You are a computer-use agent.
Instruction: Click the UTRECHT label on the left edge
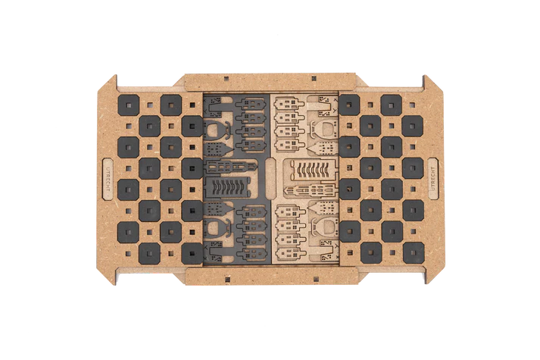pos(108,179)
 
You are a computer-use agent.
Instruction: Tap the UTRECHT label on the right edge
pos(433,178)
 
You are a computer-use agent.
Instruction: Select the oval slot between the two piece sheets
pos(270,179)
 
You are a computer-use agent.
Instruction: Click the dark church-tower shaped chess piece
pos(232,167)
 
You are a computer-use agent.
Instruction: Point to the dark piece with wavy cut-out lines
pos(229,186)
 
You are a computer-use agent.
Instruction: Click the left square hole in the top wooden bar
pos(226,79)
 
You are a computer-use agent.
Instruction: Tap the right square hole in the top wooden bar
pos(314,79)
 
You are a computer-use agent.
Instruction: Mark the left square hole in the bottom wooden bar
pos(227,278)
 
